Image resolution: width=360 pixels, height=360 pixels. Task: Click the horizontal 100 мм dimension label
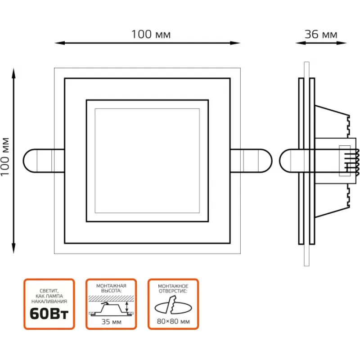(151, 34)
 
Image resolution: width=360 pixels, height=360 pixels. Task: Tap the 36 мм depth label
(321, 34)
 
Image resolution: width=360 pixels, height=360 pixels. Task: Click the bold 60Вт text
(49, 314)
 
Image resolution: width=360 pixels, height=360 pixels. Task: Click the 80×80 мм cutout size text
(173, 322)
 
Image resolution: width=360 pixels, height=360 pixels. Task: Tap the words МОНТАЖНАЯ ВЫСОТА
(111, 288)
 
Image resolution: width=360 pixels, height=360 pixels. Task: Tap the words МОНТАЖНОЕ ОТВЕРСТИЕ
(173, 288)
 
